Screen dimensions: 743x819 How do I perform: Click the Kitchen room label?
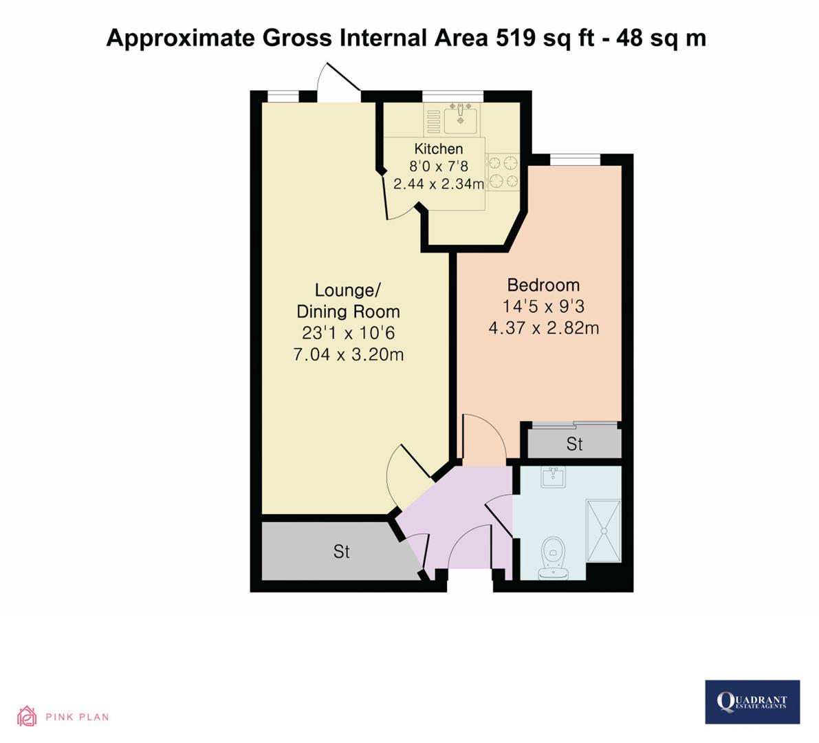[x=438, y=149]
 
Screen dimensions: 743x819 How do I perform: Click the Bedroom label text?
[x=543, y=285]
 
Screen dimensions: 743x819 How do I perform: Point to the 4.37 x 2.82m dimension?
[x=543, y=328]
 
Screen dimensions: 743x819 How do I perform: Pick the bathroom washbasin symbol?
[x=553, y=477]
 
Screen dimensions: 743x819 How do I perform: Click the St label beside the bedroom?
[x=574, y=444]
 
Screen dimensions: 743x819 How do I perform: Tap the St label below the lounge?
[x=342, y=552]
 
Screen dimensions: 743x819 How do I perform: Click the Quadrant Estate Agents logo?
[x=752, y=702]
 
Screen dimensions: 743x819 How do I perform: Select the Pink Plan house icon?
[x=27, y=716]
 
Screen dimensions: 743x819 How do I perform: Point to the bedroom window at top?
[x=575, y=160]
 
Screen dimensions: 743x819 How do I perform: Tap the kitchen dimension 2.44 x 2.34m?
[x=439, y=184]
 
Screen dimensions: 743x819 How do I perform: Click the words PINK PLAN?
[x=77, y=717]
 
